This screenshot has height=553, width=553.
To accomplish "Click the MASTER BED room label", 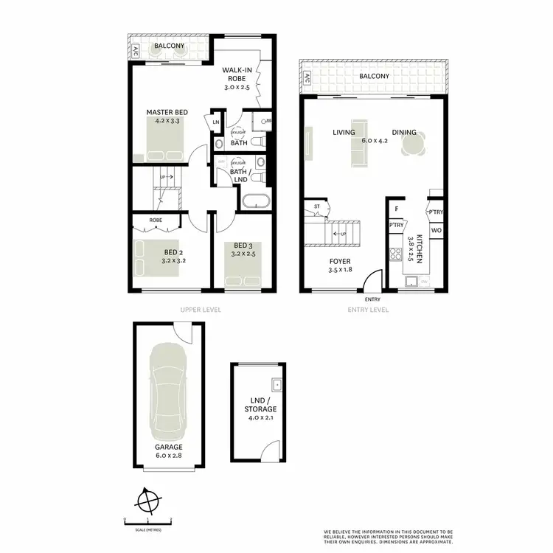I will coord(167,112).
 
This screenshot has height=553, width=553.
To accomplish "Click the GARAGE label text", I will coord(168,447).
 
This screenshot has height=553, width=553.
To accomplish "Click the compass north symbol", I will coord(147,501).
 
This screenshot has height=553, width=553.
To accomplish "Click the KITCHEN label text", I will coord(420,248).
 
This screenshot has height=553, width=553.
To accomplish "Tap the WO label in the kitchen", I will coord(435,232).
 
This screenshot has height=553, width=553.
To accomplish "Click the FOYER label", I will coord(340,261).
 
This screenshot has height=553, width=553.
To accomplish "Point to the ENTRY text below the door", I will coord(372,299).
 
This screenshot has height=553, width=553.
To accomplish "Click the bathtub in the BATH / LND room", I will coord(257,201).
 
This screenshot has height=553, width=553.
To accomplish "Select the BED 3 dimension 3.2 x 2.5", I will coord(243,253).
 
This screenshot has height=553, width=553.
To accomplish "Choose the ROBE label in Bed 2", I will coord(156,220).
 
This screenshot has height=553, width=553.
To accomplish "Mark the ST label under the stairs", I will coord(317,206).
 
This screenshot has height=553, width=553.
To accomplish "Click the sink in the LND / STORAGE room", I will coord(276,384).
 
